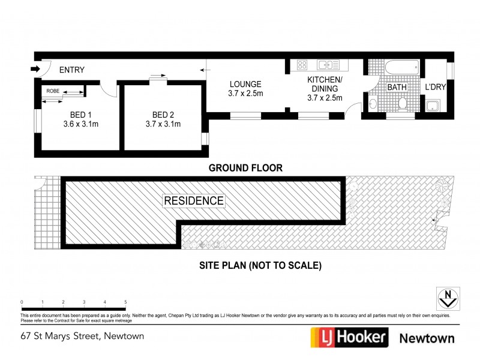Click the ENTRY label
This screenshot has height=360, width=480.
[x=71, y=70]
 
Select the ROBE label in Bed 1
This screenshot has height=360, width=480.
[x=53, y=91]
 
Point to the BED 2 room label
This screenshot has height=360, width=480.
[x=163, y=115]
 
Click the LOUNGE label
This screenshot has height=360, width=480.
[x=245, y=83]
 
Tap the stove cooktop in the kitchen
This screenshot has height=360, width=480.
[x=302, y=65]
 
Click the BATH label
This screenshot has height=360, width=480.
[x=397, y=88]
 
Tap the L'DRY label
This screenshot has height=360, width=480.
[x=435, y=88]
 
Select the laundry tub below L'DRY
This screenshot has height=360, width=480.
[x=433, y=107]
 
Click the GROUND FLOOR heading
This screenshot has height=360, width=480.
[x=245, y=168]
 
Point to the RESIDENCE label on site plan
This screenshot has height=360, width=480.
[x=194, y=201]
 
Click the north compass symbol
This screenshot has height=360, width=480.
[x=446, y=297]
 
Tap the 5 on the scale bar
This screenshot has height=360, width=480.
[x=125, y=302]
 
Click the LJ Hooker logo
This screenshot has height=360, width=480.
[x=348, y=337]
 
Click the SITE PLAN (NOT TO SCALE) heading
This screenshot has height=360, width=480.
[x=260, y=265]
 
